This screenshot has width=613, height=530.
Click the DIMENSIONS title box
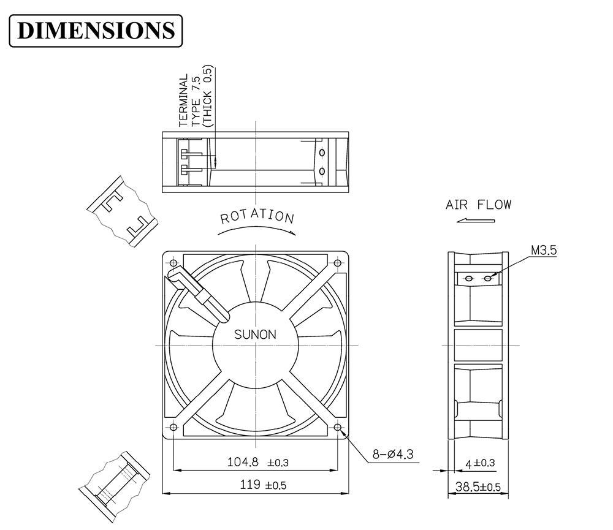click(x=96, y=31)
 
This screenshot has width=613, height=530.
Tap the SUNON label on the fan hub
click(x=255, y=335)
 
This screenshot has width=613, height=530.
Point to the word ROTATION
click(x=257, y=216)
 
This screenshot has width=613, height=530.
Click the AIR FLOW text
click(x=479, y=205)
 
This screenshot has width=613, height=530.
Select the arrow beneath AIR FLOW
click(x=476, y=221)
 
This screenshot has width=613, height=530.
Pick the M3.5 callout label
click(x=544, y=250)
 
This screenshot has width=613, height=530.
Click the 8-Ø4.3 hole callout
click(x=392, y=454)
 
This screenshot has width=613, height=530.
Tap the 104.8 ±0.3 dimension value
click(x=258, y=463)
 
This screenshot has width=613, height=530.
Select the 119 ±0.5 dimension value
click(x=263, y=485)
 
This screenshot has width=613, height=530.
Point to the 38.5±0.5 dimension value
click(x=478, y=487)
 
